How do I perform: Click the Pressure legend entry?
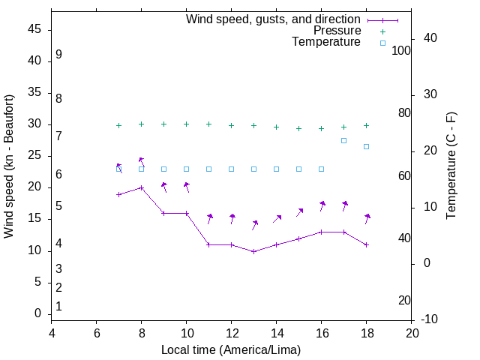[x=337, y=31]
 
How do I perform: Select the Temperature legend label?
[x=326, y=43]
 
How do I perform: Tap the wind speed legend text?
[x=273, y=19]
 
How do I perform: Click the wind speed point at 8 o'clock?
[x=141, y=187]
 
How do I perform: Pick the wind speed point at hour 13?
[x=254, y=251]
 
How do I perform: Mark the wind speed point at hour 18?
[x=367, y=244]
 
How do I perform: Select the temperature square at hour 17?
[x=344, y=140]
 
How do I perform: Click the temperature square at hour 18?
[x=367, y=146]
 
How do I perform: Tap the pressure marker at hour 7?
[x=118, y=125]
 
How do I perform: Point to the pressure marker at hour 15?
[x=299, y=128]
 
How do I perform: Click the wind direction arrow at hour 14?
[x=277, y=219]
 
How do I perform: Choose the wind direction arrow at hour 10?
[x=187, y=187]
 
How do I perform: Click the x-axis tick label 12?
[x=232, y=334]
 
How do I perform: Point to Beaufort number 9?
[x=58, y=55]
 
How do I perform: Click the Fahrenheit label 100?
[x=401, y=51]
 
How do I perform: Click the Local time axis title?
[x=231, y=350]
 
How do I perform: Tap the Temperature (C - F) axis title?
[x=451, y=166]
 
